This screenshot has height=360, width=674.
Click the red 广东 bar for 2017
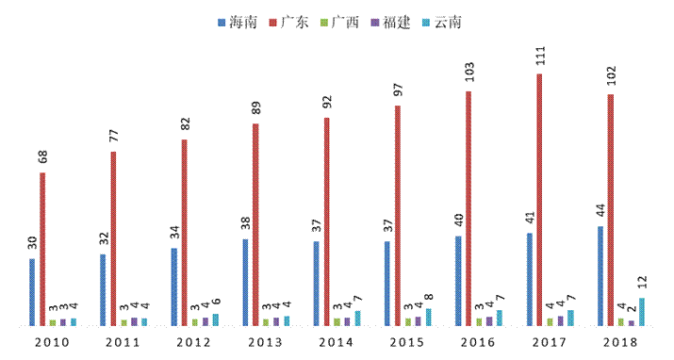[x=540, y=200]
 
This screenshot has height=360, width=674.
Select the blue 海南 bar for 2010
[x=32, y=292]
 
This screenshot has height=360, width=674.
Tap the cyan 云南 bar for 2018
[x=642, y=312]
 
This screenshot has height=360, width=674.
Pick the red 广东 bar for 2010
[x=42, y=250]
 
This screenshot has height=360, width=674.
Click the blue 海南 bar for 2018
[x=600, y=276]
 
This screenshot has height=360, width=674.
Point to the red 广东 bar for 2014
[x=327, y=222]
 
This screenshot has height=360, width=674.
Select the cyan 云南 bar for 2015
[x=429, y=317]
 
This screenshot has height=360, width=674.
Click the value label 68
[x=42, y=156]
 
